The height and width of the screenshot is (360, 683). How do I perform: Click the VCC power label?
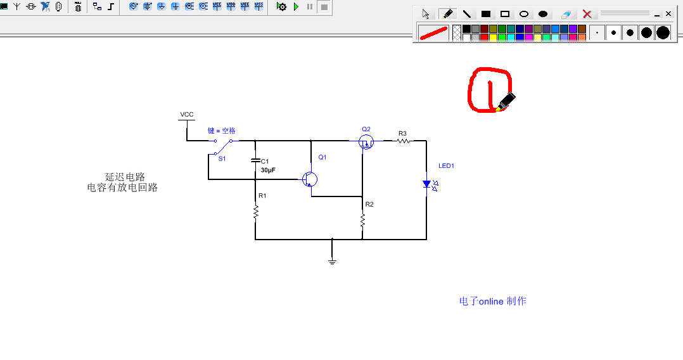187,115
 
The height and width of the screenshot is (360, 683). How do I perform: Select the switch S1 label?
222,158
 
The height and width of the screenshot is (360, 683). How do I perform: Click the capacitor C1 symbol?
256,160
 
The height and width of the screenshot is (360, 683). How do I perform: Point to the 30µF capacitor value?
268,170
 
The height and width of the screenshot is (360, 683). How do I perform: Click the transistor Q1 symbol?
310,179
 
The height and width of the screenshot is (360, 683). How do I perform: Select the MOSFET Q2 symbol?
366,141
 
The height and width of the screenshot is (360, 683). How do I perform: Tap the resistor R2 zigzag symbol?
362,220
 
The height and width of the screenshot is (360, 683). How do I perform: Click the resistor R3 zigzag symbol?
403,141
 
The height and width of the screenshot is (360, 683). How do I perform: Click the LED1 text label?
447,165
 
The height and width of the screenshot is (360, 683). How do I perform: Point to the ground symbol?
333,262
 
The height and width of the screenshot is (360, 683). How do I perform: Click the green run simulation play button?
297,6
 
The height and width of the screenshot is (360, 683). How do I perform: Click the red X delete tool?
587,14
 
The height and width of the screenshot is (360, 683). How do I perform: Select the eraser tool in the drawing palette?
565,15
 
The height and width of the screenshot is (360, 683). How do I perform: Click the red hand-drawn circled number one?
490,90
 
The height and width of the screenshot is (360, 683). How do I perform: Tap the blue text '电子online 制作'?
493,301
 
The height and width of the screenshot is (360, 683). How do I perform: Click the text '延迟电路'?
125,177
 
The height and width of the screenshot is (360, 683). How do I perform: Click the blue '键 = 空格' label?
221,131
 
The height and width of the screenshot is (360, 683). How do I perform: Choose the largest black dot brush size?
663,33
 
